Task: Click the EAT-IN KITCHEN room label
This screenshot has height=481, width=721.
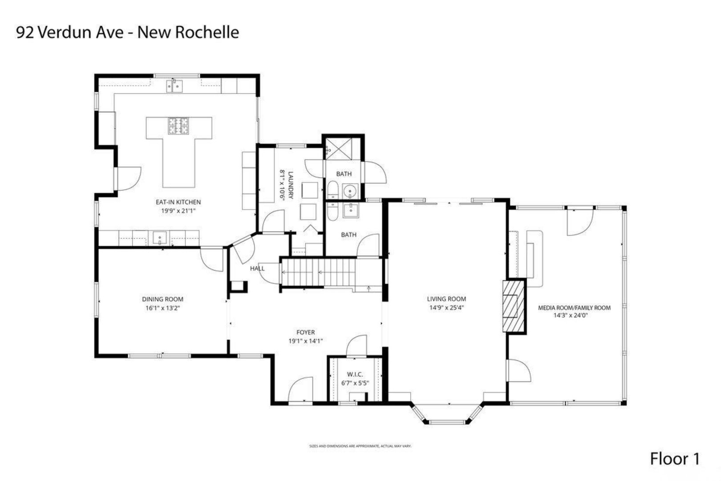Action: (x=178, y=202)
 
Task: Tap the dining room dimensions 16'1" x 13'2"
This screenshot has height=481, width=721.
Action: (x=162, y=308)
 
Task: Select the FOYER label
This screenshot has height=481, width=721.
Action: (x=305, y=332)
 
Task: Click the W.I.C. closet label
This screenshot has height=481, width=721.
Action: (x=355, y=375)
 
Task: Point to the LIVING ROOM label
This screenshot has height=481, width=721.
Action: (x=446, y=299)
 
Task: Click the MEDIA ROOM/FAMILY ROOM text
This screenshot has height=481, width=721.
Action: (x=574, y=308)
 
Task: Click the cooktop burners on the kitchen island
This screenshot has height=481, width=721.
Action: (x=179, y=126)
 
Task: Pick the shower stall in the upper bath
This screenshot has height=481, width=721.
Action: (x=343, y=149)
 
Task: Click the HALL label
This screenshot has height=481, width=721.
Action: (x=257, y=268)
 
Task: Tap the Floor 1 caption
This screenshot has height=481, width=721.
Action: (x=675, y=459)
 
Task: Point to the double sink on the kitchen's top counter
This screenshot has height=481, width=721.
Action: (x=175, y=85)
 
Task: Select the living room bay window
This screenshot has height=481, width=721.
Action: (x=446, y=415)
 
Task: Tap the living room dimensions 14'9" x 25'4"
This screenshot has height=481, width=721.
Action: (x=446, y=307)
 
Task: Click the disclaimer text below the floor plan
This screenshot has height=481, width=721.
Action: (x=360, y=445)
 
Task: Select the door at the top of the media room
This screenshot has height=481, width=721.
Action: (x=579, y=221)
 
